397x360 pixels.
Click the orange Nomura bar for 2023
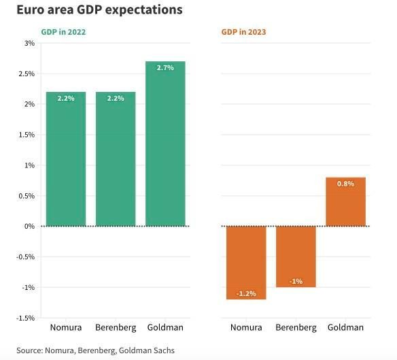pos(245,262)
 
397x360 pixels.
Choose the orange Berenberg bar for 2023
pos(296,256)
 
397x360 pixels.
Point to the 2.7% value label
pos(165,67)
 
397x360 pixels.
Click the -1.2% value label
pos(245,293)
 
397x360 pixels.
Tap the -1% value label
pos(296,281)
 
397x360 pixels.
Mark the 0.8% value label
pos(345,184)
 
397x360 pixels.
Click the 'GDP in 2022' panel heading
pos(63,32)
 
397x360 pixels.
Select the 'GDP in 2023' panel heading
pos(243,32)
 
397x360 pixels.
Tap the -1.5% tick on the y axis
pos(26,318)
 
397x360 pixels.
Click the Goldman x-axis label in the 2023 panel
pos(345,327)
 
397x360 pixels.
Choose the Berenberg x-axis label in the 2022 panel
pos(116,327)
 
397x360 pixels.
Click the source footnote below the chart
pos(95,350)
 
